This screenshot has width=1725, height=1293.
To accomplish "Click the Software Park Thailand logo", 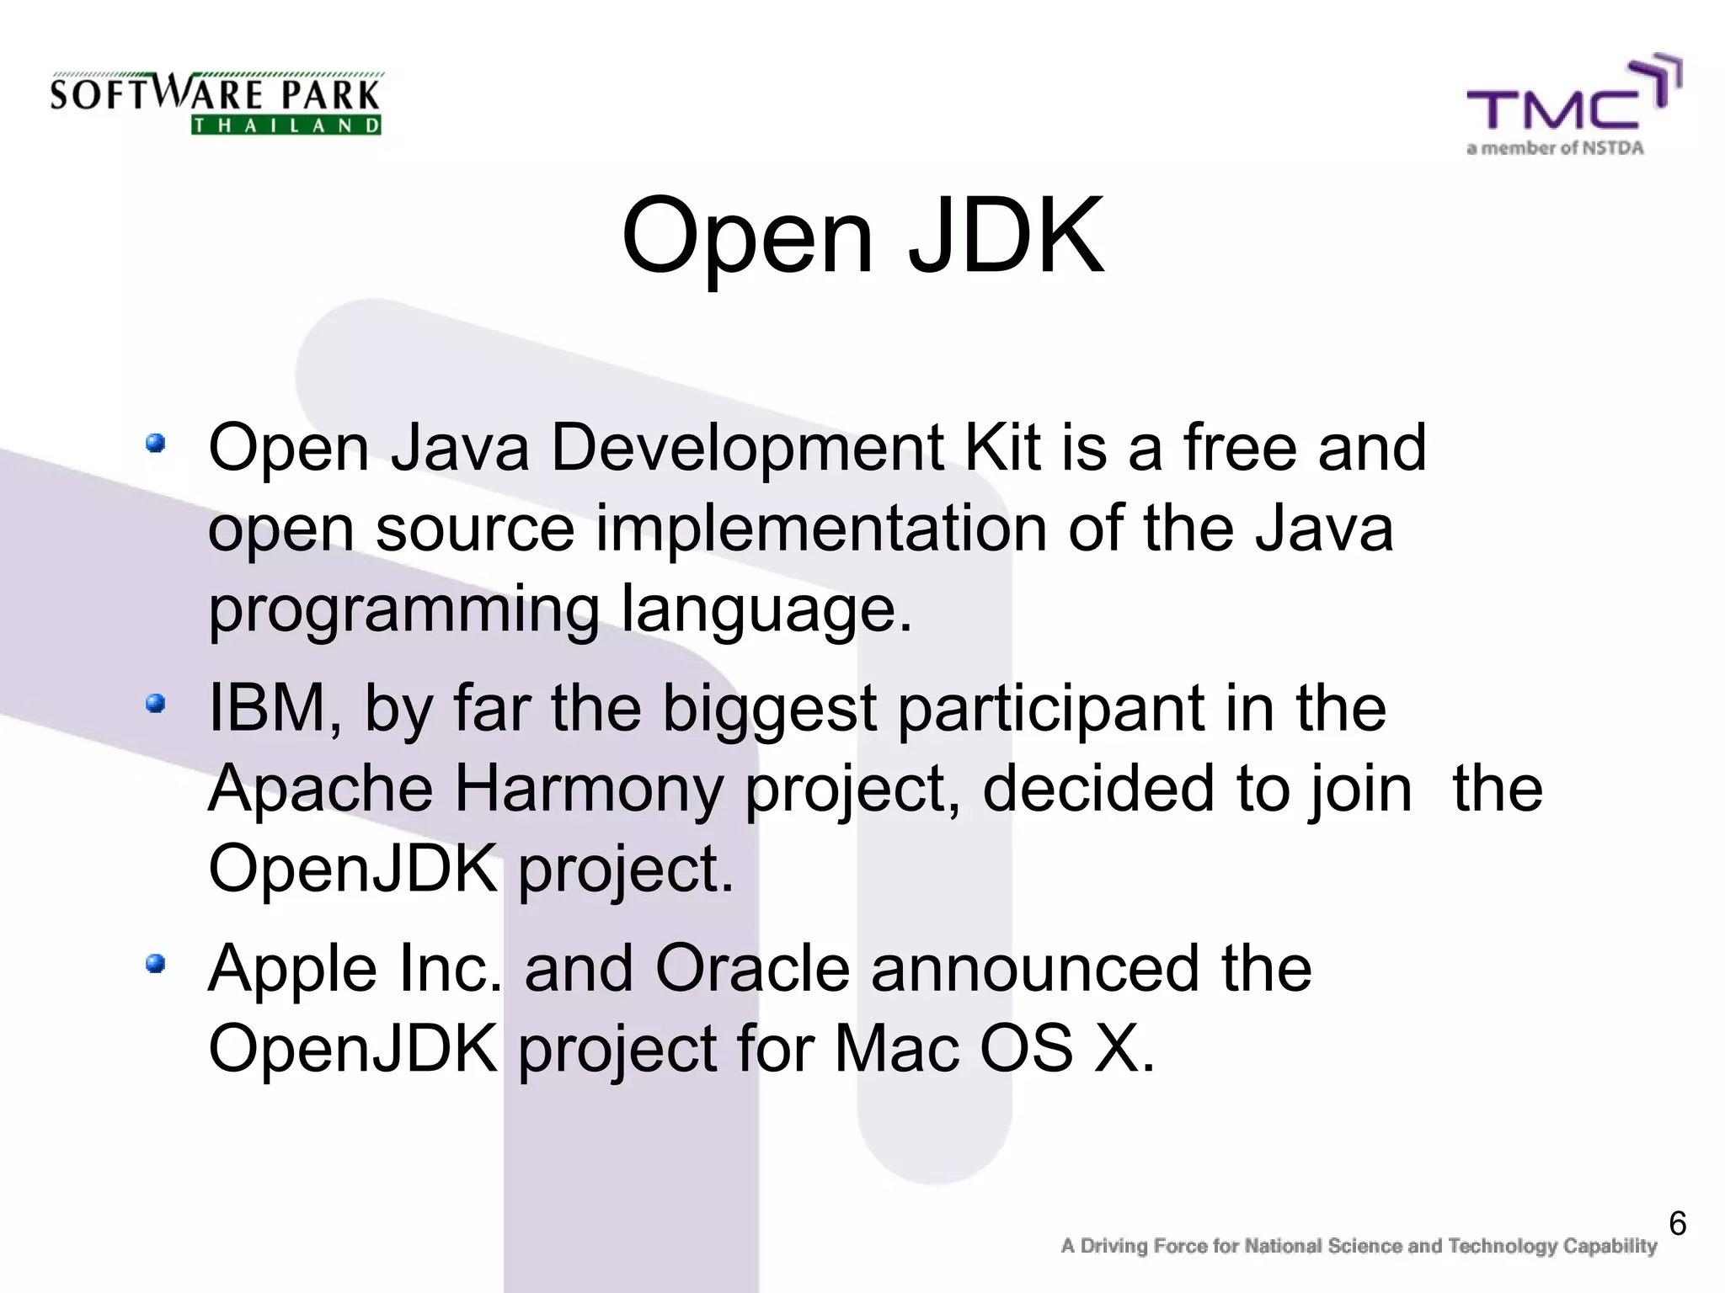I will [216, 103].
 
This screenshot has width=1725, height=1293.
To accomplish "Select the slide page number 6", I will [1677, 1223].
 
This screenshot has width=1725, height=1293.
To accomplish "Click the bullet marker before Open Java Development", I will [155, 443].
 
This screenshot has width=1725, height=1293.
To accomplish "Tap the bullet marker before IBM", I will [155, 703].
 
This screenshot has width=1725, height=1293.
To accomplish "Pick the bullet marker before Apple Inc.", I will [155, 963].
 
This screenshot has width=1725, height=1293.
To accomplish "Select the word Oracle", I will [752, 968].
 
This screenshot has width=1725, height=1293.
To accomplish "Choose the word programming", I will [403, 609].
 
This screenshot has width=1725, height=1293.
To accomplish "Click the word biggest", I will [769, 708].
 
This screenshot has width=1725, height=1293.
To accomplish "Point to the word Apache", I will [321, 789].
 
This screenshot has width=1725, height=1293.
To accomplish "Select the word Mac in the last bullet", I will [896, 1049].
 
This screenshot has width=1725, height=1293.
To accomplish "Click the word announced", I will [1035, 968].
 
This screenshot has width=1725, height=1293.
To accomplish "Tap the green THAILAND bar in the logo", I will [286, 126].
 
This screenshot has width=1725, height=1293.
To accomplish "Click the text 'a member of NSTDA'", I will [1555, 149].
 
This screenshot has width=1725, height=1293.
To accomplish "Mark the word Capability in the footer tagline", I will [1610, 1246].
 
